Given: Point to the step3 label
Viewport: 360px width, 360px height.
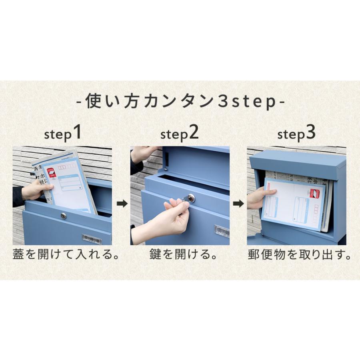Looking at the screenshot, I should (x=296, y=133).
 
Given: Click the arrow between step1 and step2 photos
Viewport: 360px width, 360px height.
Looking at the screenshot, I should (x=122, y=204).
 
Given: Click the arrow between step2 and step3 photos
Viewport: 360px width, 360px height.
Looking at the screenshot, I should (x=238, y=204).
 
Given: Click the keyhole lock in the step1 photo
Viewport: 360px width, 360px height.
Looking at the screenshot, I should (x=64, y=216).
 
